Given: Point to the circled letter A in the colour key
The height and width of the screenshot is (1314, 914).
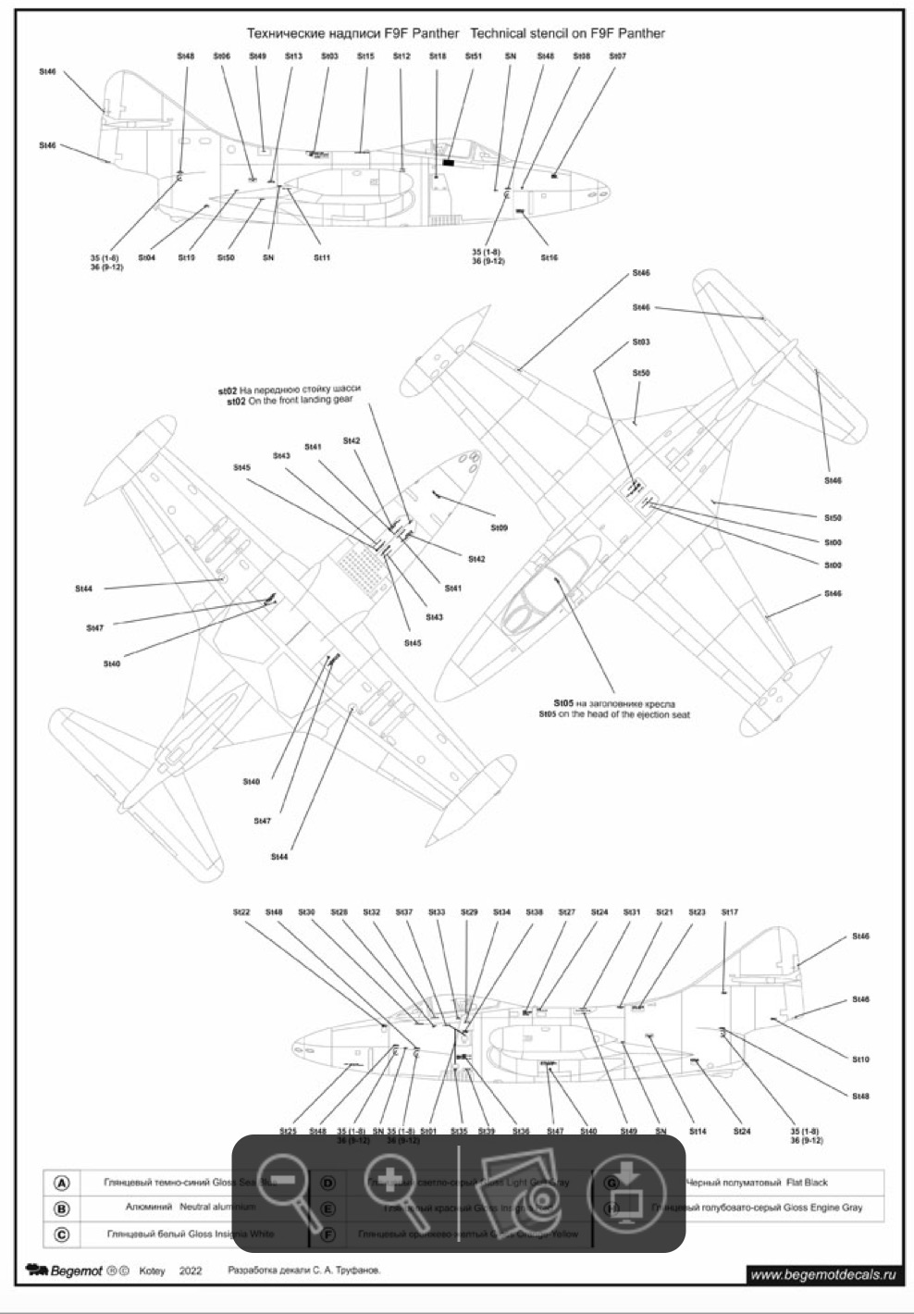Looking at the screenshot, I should (x=62, y=1183).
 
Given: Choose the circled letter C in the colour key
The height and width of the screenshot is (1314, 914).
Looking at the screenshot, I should (x=62, y=1234).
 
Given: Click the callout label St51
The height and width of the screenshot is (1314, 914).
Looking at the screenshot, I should (x=474, y=56).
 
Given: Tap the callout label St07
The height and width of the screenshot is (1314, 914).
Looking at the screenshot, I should (x=617, y=56).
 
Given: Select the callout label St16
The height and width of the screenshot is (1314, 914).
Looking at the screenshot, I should (x=549, y=257).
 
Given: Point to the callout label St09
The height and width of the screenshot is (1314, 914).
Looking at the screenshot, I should (x=499, y=528).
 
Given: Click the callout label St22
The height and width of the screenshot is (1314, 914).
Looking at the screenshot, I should (x=241, y=912).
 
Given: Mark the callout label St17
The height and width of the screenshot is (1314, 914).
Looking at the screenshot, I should (x=730, y=912).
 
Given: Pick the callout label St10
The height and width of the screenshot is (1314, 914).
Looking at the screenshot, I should (x=860, y=1060).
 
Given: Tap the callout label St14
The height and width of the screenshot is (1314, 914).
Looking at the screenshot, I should (x=698, y=1132).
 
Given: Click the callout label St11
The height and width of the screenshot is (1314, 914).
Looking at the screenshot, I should (x=321, y=257).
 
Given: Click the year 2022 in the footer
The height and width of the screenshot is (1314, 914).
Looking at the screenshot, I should (x=191, y=1271).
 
